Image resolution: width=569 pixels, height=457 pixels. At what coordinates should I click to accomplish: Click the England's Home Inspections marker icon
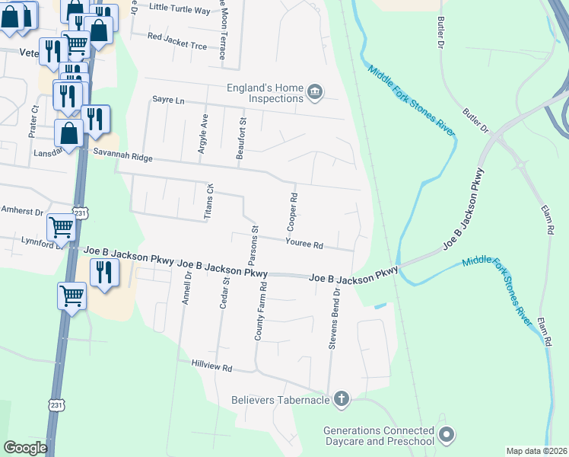(315, 94)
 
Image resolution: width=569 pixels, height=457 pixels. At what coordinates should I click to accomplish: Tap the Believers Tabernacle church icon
(342, 398)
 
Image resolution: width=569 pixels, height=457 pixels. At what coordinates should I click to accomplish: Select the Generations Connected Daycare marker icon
(446, 436)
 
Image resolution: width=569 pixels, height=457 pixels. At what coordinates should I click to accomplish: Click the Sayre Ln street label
(168, 100)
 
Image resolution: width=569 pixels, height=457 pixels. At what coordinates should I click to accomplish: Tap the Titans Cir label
(208, 202)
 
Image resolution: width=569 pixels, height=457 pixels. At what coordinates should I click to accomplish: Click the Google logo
(26, 448)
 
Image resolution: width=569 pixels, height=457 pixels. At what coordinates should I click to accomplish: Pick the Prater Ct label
(33, 122)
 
